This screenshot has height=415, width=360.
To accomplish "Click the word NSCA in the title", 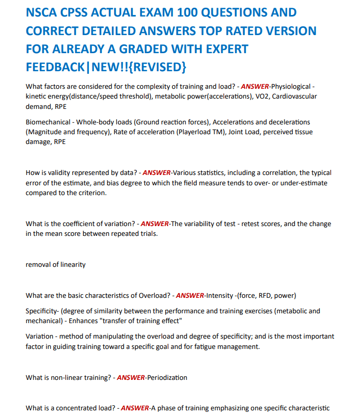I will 44,12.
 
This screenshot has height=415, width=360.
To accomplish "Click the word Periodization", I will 166,377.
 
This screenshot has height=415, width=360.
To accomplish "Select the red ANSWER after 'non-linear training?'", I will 131,377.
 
